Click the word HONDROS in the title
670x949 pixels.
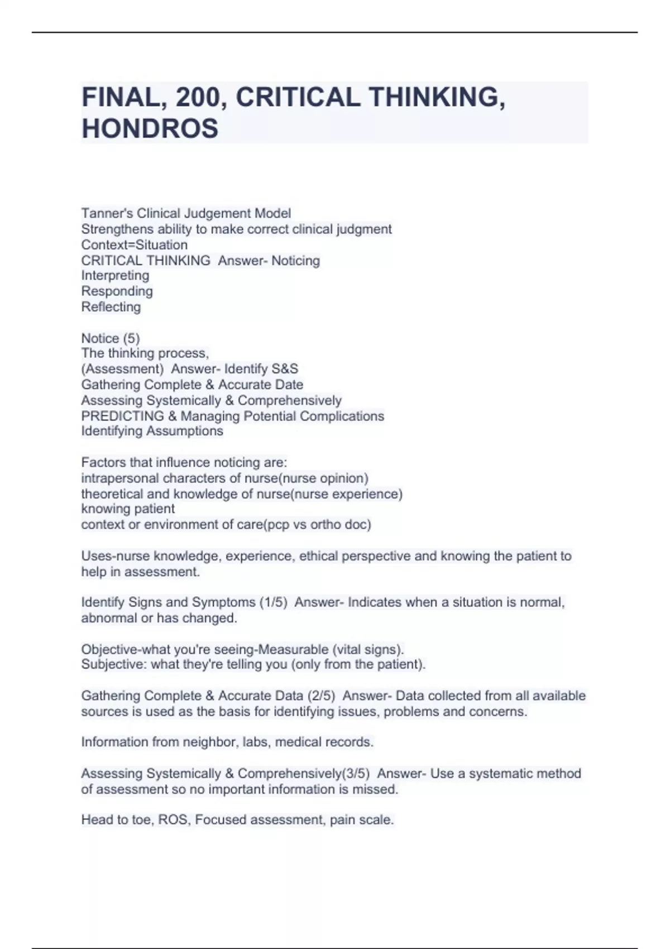tap(150, 128)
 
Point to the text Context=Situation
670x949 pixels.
tap(134, 245)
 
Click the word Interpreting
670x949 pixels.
tap(115, 275)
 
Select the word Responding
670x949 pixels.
tap(117, 291)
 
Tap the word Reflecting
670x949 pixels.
tap(111, 306)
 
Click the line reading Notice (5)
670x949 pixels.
tap(111, 338)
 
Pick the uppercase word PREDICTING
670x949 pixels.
tap(122, 416)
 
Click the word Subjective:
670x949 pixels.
tap(114, 664)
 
